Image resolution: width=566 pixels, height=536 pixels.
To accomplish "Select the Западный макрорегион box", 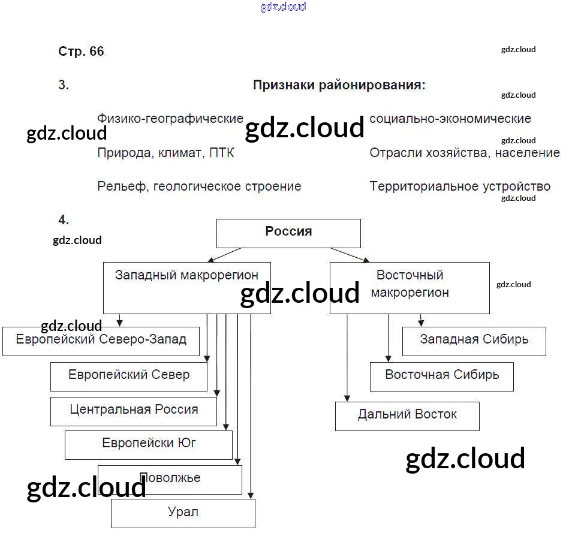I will click(186, 288).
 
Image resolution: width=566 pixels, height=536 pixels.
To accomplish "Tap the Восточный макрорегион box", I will click(410, 288).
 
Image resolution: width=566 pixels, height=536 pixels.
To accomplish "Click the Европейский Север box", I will click(129, 377).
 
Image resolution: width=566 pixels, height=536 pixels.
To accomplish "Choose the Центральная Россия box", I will click(134, 411).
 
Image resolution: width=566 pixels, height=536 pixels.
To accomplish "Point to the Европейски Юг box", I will click(149, 445).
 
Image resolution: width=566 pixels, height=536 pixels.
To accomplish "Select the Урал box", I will click(183, 513).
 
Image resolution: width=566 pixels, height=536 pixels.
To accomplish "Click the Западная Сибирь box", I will click(474, 341).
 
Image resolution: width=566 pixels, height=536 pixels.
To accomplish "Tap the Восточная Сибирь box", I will click(442, 377).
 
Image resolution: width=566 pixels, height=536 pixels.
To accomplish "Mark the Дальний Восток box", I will click(407, 416).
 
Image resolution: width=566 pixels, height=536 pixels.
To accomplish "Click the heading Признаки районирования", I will click(339, 85).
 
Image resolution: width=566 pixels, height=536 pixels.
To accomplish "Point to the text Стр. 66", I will click(81, 52).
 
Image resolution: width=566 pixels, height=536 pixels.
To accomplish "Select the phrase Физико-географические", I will click(170, 119).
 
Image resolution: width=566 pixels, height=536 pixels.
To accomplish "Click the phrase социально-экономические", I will click(450, 119).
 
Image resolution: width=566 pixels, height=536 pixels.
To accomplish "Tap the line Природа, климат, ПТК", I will click(165, 153).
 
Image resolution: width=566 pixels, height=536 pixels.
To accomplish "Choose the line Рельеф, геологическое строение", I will click(199, 186).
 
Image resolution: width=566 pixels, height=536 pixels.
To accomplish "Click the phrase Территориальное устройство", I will click(460, 186).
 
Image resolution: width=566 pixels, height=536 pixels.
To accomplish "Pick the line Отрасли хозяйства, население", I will click(465, 153).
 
